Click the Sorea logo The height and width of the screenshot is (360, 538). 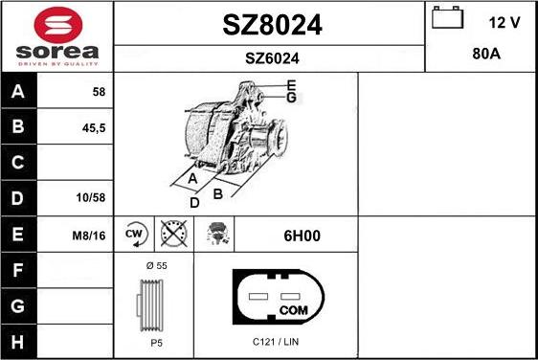56,35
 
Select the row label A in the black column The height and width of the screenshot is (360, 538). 18,92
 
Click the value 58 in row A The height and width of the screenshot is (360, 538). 98,92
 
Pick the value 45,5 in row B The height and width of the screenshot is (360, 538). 96,126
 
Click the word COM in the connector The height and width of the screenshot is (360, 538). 293,311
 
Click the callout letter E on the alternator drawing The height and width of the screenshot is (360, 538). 291,85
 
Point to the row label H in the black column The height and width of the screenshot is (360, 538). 18,342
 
